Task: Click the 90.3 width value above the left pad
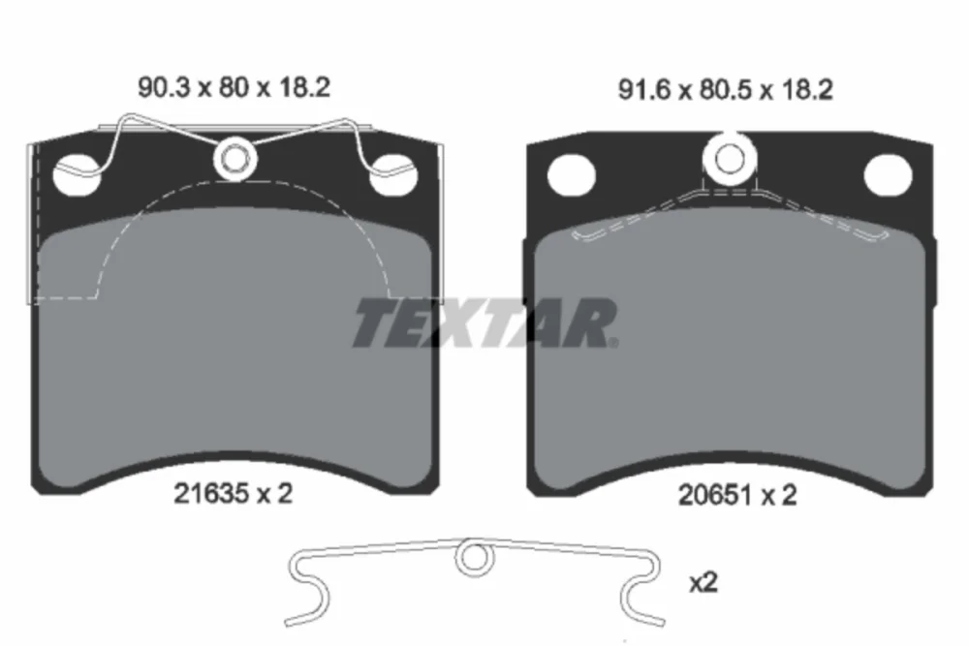tap(163, 88)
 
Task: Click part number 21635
tap(211, 493)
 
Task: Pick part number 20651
tap(716, 495)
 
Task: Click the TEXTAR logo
tap(485, 323)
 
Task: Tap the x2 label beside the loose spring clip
tap(703, 582)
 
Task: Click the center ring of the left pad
tap(234, 159)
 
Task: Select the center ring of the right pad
tap(730, 159)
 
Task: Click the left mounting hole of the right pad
tap(572, 175)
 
